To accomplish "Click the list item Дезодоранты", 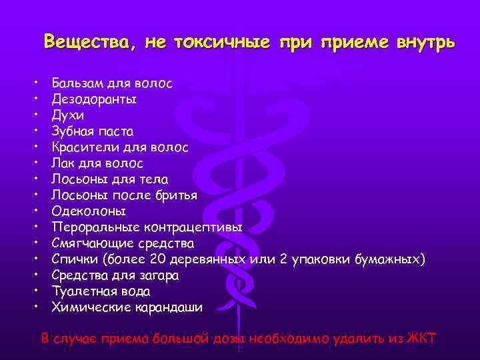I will (x=94, y=99).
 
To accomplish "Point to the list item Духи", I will (x=68, y=115).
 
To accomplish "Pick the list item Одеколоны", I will (x=89, y=211).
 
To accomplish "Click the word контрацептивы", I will (x=199, y=227).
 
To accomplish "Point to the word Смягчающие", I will (x=93, y=243).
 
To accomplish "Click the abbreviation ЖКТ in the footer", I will (x=421, y=338).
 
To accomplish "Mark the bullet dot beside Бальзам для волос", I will (x=34, y=83).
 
